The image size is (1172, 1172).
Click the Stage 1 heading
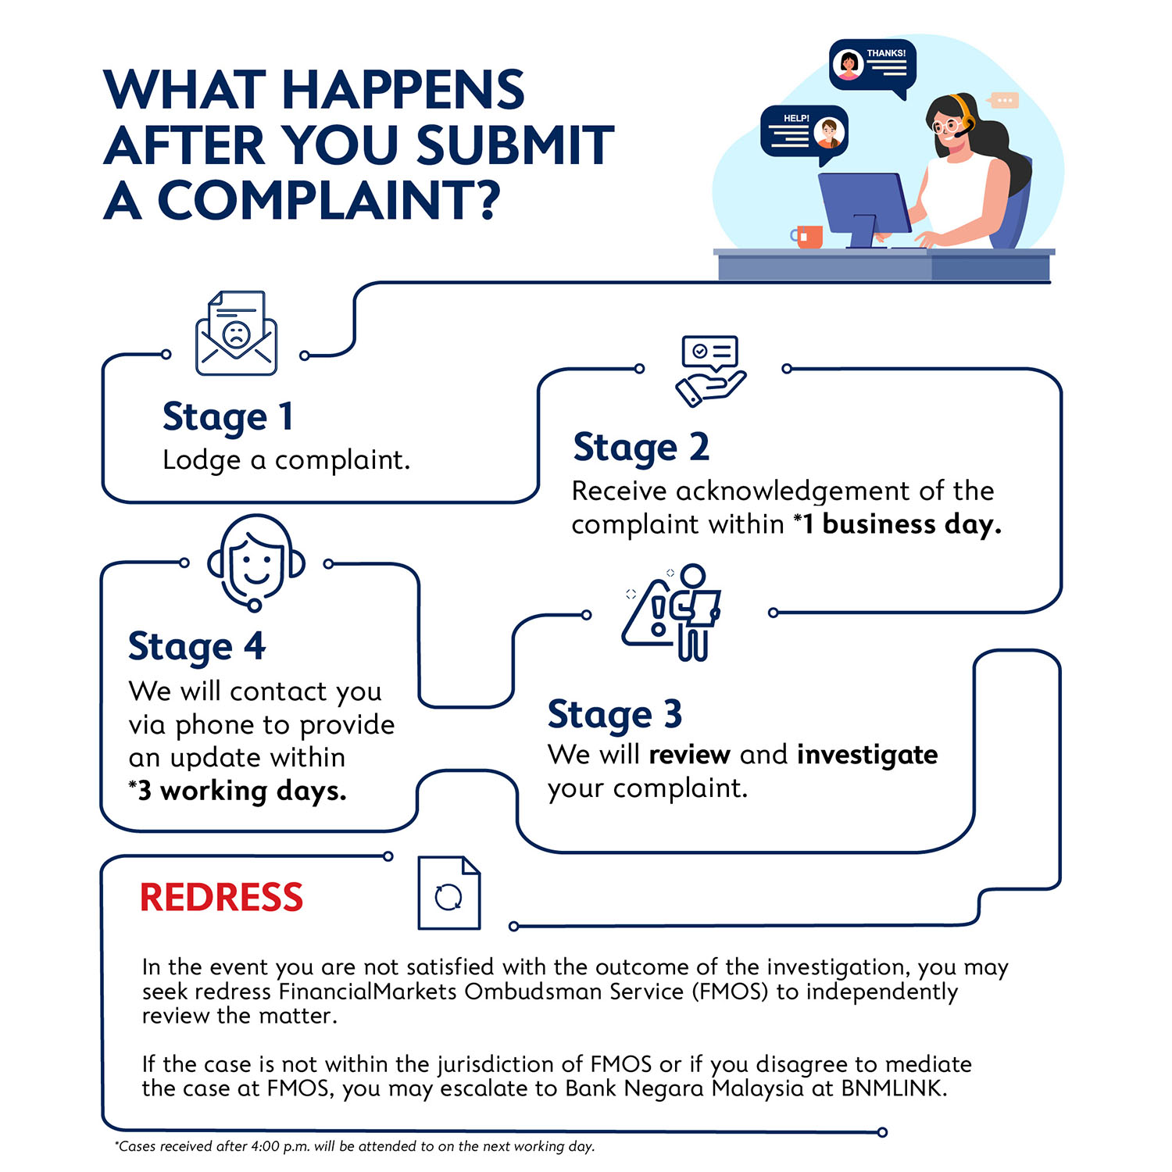[227, 416]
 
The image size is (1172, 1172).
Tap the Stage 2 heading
[641, 448]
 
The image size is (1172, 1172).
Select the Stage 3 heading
[614, 714]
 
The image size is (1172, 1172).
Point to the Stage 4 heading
[197, 647]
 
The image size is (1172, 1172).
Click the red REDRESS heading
[221, 897]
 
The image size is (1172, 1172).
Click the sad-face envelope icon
[236, 334]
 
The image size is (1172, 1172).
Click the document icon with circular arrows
[448, 893]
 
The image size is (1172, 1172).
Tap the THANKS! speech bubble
[872, 66]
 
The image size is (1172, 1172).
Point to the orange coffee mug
[808, 236]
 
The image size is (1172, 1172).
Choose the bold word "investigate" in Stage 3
[866, 755]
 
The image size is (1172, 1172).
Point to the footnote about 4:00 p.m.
[356, 1146]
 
